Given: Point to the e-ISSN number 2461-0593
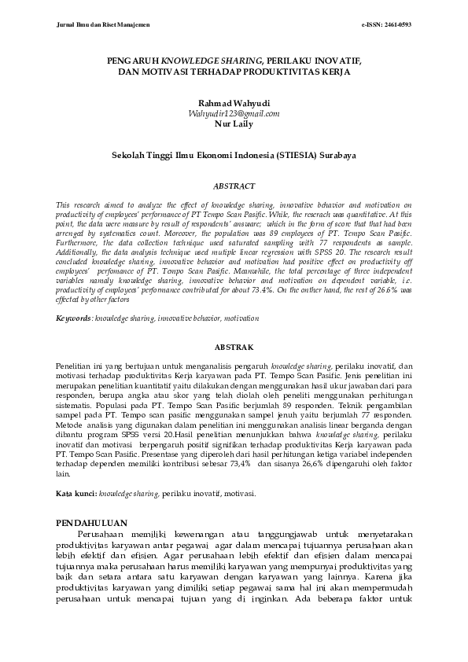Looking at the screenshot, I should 393,25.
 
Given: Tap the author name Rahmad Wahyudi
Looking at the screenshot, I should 234,103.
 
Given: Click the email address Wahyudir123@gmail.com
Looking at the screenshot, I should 234,113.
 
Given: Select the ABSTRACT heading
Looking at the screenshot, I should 234,186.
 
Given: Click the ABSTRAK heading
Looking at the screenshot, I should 234,347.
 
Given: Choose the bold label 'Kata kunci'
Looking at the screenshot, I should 76,493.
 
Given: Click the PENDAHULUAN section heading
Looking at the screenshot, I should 94,522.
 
